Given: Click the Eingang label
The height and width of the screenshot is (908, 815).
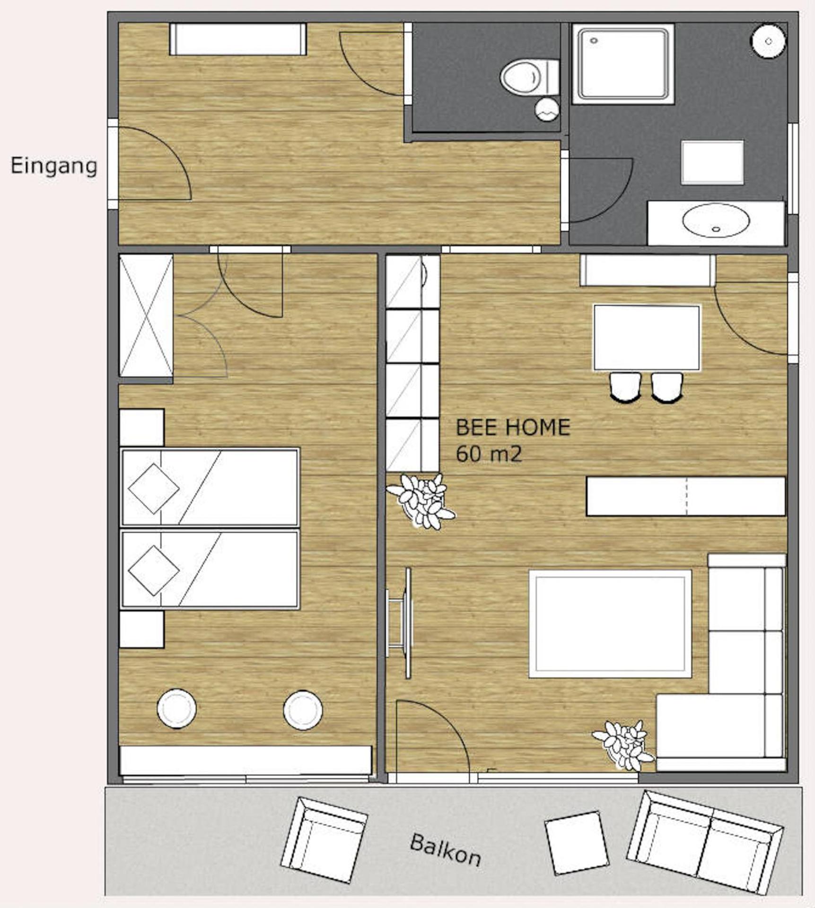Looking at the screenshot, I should pyautogui.click(x=53, y=166).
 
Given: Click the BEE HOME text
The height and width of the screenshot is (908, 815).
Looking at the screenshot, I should pyautogui.click(x=512, y=428).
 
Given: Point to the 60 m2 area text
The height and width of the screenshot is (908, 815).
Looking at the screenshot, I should pyautogui.click(x=489, y=454).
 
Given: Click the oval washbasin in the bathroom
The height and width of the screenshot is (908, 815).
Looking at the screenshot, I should pyautogui.click(x=716, y=220).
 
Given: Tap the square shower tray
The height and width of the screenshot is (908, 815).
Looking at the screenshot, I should pyautogui.click(x=623, y=64).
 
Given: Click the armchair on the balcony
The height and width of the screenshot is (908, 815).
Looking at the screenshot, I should pyautogui.click(x=324, y=839).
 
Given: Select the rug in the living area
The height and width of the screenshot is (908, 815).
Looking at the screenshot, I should pyautogui.click(x=610, y=623).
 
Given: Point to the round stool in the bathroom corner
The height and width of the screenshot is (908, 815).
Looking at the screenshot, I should pyautogui.click(x=768, y=42).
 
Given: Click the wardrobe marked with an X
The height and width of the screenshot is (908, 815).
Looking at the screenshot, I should pyautogui.click(x=146, y=315).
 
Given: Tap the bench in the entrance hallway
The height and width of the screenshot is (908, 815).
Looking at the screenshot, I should pyautogui.click(x=238, y=39).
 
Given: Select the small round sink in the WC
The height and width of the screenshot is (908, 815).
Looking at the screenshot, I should pyautogui.click(x=547, y=109).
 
